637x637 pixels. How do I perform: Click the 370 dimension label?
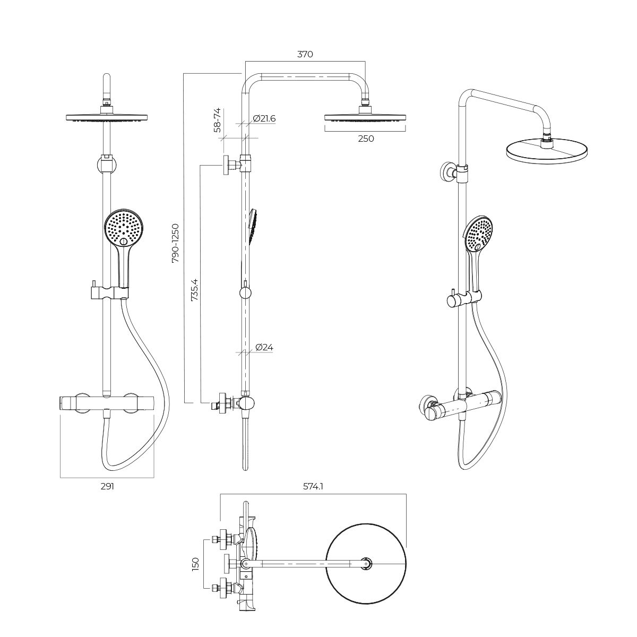click(x=305, y=54)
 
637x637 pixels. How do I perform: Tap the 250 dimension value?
click(x=366, y=139)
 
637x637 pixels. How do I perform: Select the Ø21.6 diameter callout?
click(x=264, y=118)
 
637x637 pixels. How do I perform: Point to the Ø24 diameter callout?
click(x=264, y=347)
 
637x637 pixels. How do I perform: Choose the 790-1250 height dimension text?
click(x=175, y=243)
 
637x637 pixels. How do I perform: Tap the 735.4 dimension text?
click(x=195, y=290)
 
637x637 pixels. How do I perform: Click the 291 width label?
click(x=107, y=486)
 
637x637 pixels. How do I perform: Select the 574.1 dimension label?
click(x=313, y=486)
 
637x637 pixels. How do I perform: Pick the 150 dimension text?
click(x=195, y=563)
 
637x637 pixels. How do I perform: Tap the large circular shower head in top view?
click(x=366, y=563)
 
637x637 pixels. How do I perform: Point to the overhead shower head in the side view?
click(x=365, y=117)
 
